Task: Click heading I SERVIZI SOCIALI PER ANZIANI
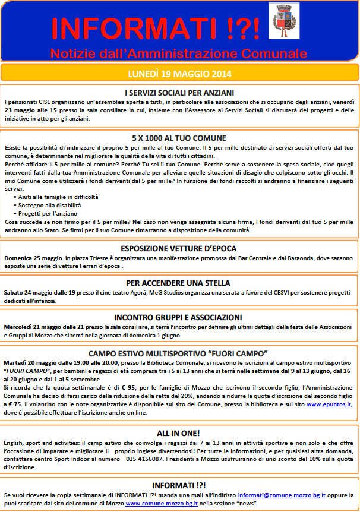click(x=179, y=93)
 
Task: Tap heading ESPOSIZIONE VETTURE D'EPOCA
click(x=179, y=249)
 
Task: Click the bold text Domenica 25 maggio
click(x=30, y=258)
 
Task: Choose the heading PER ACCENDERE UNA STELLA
click(x=179, y=283)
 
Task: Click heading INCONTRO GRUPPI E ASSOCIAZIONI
click(x=179, y=317)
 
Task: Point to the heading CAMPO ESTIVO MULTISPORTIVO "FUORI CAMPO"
click(x=179, y=352)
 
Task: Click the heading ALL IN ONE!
click(x=179, y=433)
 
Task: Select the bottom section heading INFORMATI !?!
click(x=179, y=485)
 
